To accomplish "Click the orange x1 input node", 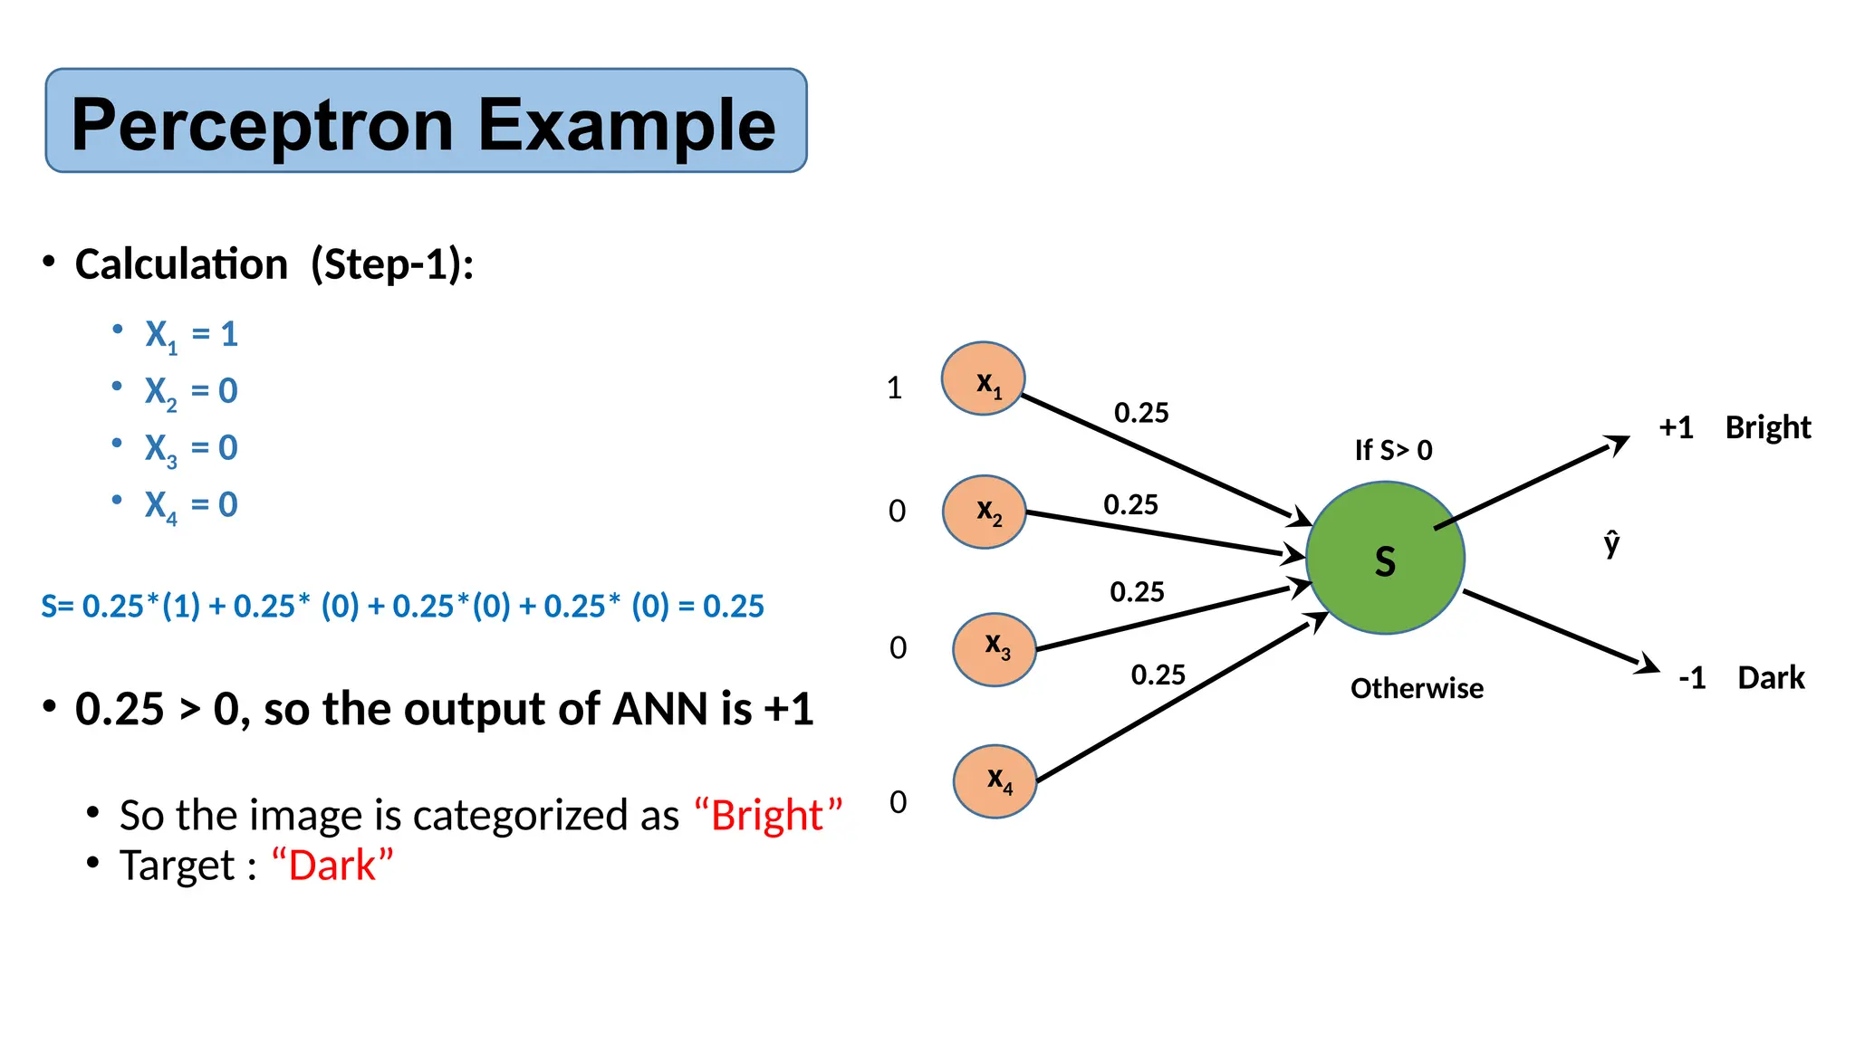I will tap(984, 378).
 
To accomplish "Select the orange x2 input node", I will tap(985, 512).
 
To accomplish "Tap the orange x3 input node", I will tap(995, 649).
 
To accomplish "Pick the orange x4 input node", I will tap(995, 781).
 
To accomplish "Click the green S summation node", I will tap(1385, 558).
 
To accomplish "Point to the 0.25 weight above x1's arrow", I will tap(1141, 413).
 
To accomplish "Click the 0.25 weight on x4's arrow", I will tap(1158, 675).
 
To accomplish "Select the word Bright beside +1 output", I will tap(1767, 427).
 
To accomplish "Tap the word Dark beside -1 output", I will tap(1771, 677).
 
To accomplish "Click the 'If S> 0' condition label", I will tap(1393, 450).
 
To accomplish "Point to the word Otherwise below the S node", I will tap(1417, 688).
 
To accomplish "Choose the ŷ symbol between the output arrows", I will tap(1611, 543).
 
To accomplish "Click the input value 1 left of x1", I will tap(895, 388).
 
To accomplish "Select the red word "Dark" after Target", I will tap(332, 866).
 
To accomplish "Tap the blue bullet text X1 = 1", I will tap(191, 335).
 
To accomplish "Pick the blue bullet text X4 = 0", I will tap(191, 505).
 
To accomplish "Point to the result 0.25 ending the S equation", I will tap(734, 606).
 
